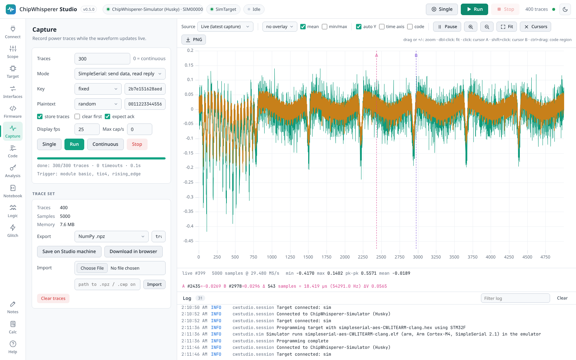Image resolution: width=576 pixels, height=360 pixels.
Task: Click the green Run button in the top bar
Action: click(474, 9)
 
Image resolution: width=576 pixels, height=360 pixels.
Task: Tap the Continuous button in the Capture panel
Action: click(105, 144)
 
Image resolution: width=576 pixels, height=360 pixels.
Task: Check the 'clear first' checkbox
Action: click(77, 117)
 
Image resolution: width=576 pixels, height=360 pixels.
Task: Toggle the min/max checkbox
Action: click(324, 27)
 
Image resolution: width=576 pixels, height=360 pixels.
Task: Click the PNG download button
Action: click(194, 40)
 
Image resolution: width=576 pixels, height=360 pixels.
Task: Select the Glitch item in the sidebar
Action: click(13, 231)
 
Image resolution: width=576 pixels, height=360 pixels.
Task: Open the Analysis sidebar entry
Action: click(13, 171)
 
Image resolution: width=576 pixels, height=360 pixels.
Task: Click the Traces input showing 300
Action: click(102, 59)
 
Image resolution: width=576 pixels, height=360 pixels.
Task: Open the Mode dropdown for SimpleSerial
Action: click(120, 74)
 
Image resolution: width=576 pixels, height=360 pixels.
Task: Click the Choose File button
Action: click(92, 268)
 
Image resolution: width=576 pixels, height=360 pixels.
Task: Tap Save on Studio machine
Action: click(69, 252)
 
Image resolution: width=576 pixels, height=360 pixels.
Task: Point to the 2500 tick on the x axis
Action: click(381, 257)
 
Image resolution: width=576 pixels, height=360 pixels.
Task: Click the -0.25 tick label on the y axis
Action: click(188, 182)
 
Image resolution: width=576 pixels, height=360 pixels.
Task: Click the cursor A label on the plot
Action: click(377, 55)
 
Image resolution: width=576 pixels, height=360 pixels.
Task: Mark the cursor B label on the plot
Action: click(416, 55)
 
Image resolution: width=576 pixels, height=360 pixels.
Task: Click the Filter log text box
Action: click(515, 298)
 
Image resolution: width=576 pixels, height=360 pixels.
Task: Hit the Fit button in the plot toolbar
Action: click(507, 27)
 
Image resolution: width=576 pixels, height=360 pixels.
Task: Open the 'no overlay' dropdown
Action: click(280, 27)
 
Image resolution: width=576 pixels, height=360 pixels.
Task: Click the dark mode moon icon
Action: click(565, 9)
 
